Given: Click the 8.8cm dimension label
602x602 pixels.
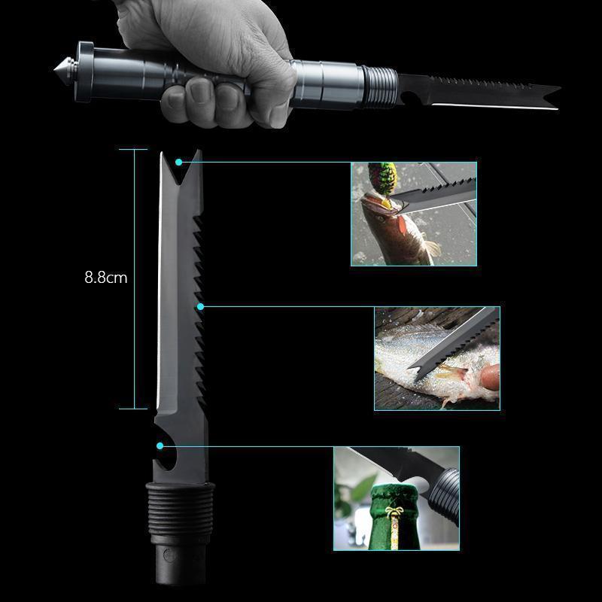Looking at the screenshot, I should pos(105,277).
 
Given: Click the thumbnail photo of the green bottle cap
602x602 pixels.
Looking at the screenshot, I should pos(397,498).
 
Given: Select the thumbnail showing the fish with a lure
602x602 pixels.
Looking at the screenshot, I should pos(413,214).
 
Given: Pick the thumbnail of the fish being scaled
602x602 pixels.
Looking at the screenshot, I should pos(437,357).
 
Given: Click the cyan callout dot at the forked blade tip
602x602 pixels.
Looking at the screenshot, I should pos(179,161).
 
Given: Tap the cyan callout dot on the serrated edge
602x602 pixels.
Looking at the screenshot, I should pos(200,306).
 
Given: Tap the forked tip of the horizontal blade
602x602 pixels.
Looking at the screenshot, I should pos(551,96).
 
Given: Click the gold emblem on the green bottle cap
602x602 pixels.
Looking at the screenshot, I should pos(394,516).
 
